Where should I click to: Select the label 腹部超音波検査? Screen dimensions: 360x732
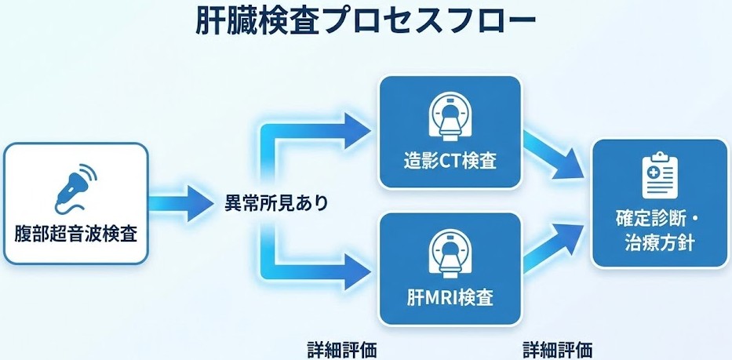coord(75,233)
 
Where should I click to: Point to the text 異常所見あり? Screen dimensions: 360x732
coord(271,202)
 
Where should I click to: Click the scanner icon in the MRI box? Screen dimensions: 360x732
coord(450,253)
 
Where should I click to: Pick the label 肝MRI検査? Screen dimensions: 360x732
coord(450,299)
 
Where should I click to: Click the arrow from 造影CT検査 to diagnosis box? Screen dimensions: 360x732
coord(558,153)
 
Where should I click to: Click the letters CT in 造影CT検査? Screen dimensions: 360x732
coord(449,162)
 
